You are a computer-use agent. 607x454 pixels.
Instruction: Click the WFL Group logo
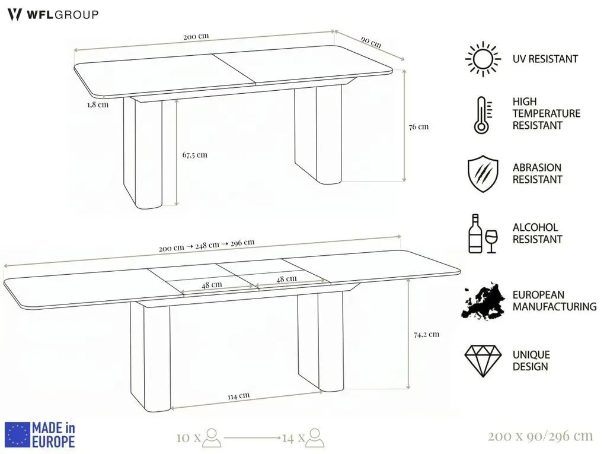pyautogui.click(x=53, y=15)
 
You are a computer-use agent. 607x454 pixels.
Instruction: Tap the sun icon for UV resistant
pyautogui.click(x=483, y=59)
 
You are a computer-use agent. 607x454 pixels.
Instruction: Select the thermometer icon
pyautogui.click(x=483, y=115)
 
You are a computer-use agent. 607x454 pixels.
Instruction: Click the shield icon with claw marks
pyautogui.click(x=483, y=174)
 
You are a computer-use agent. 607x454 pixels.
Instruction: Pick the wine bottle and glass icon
pyautogui.click(x=483, y=234)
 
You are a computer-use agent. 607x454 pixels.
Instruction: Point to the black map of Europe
pyautogui.click(x=483, y=301)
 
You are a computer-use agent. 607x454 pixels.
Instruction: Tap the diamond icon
pyautogui.click(x=483, y=361)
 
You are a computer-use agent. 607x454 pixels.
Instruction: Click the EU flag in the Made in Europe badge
pyautogui.click(x=17, y=434)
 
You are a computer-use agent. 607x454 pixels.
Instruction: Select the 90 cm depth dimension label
pyautogui.click(x=371, y=42)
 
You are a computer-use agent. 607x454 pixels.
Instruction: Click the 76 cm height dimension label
pyautogui.click(x=419, y=127)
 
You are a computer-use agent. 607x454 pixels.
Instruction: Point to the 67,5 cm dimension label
pyautogui.click(x=194, y=155)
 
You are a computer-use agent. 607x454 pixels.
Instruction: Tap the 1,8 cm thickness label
pyautogui.click(x=98, y=104)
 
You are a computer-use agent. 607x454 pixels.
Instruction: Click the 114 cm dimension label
pyautogui.click(x=238, y=396)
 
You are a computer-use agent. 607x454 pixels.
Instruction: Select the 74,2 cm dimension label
pyautogui.click(x=427, y=334)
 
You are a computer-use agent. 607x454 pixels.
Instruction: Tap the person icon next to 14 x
pyautogui.click(x=315, y=438)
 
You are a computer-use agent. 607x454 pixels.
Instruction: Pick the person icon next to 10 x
pyautogui.click(x=212, y=437)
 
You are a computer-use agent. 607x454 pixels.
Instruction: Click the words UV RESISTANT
pyautogui.click(x=545, y=59)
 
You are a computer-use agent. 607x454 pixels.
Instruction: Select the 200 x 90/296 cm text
pyautogui.click(x=541, y=437)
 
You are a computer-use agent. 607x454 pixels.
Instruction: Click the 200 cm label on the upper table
pyautogui.click(x=196, y=36)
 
